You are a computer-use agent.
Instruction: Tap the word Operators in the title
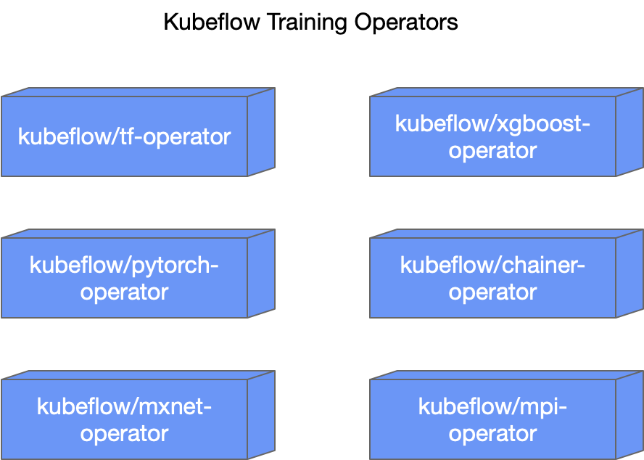406,23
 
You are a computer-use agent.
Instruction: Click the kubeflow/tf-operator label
124,137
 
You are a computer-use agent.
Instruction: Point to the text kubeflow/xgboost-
492,123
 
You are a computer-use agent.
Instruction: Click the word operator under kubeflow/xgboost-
492,151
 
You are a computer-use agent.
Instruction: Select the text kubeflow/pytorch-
124,265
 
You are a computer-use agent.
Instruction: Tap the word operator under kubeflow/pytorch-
124,292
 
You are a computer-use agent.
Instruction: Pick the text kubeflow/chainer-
492,265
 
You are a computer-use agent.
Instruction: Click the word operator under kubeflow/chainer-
492,292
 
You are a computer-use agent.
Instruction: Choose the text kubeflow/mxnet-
124,406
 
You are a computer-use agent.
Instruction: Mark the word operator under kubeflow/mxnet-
124,434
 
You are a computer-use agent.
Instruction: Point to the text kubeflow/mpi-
492,407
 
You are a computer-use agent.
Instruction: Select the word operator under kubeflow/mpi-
492,434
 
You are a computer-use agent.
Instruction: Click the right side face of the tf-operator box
261,131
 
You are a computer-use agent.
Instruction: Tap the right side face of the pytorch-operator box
261,273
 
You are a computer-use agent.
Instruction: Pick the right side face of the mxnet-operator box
261,414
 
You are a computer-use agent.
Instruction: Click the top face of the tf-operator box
138,92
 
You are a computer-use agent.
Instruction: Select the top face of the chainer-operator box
506,234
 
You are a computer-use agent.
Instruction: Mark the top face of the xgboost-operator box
506,92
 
